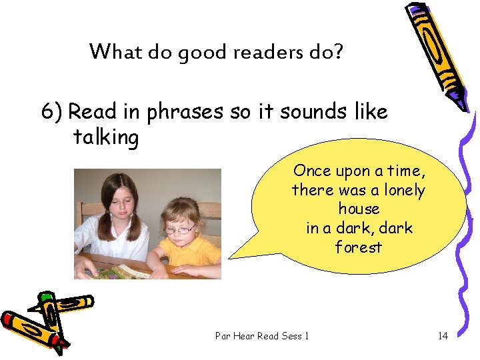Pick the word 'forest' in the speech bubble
pyautogui.click(x=359, y=247)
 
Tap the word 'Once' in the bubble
pyautogui.click(x=312, y=171)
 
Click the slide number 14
pyautogui.click(x=443, y=335)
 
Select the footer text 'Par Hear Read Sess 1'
pyautogui.click(x=262, y=335)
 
